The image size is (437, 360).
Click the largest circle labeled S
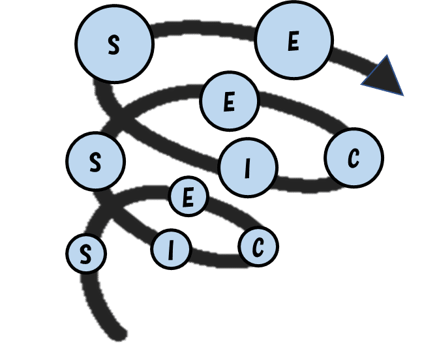coord(115,44)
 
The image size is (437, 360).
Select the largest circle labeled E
coord(294,40)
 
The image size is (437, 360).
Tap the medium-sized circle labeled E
coord(230,101)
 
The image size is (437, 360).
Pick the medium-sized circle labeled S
coord(96,161)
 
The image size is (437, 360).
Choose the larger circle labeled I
coord(248,168)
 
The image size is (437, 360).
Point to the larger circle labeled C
coord(354,158)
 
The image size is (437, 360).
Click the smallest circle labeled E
coord(188,196)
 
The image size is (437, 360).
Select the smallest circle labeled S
coord(86,254)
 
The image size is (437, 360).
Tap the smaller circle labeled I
coord(172,249)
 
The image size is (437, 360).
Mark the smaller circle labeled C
coord(258,247)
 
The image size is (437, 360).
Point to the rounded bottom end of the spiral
coord(119,333)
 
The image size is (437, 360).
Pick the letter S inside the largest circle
coord(114,44)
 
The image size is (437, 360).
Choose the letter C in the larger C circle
coord(354,158)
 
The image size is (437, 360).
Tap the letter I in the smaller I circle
coord(172,250)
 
